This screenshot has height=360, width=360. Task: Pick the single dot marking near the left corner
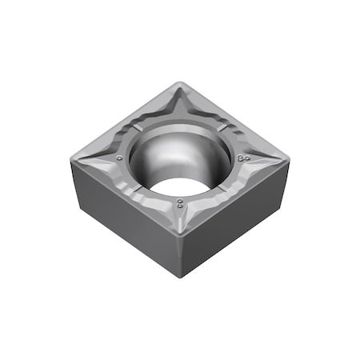pyautogui.click(x=119, y=158)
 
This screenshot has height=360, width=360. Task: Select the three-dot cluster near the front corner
pyautogui.click(x=182, y=204)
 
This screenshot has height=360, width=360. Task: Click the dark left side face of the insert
pyautogui.click(x=120, y=212)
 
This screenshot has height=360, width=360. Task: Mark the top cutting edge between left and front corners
pyautogui.click(x=124, y=194)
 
